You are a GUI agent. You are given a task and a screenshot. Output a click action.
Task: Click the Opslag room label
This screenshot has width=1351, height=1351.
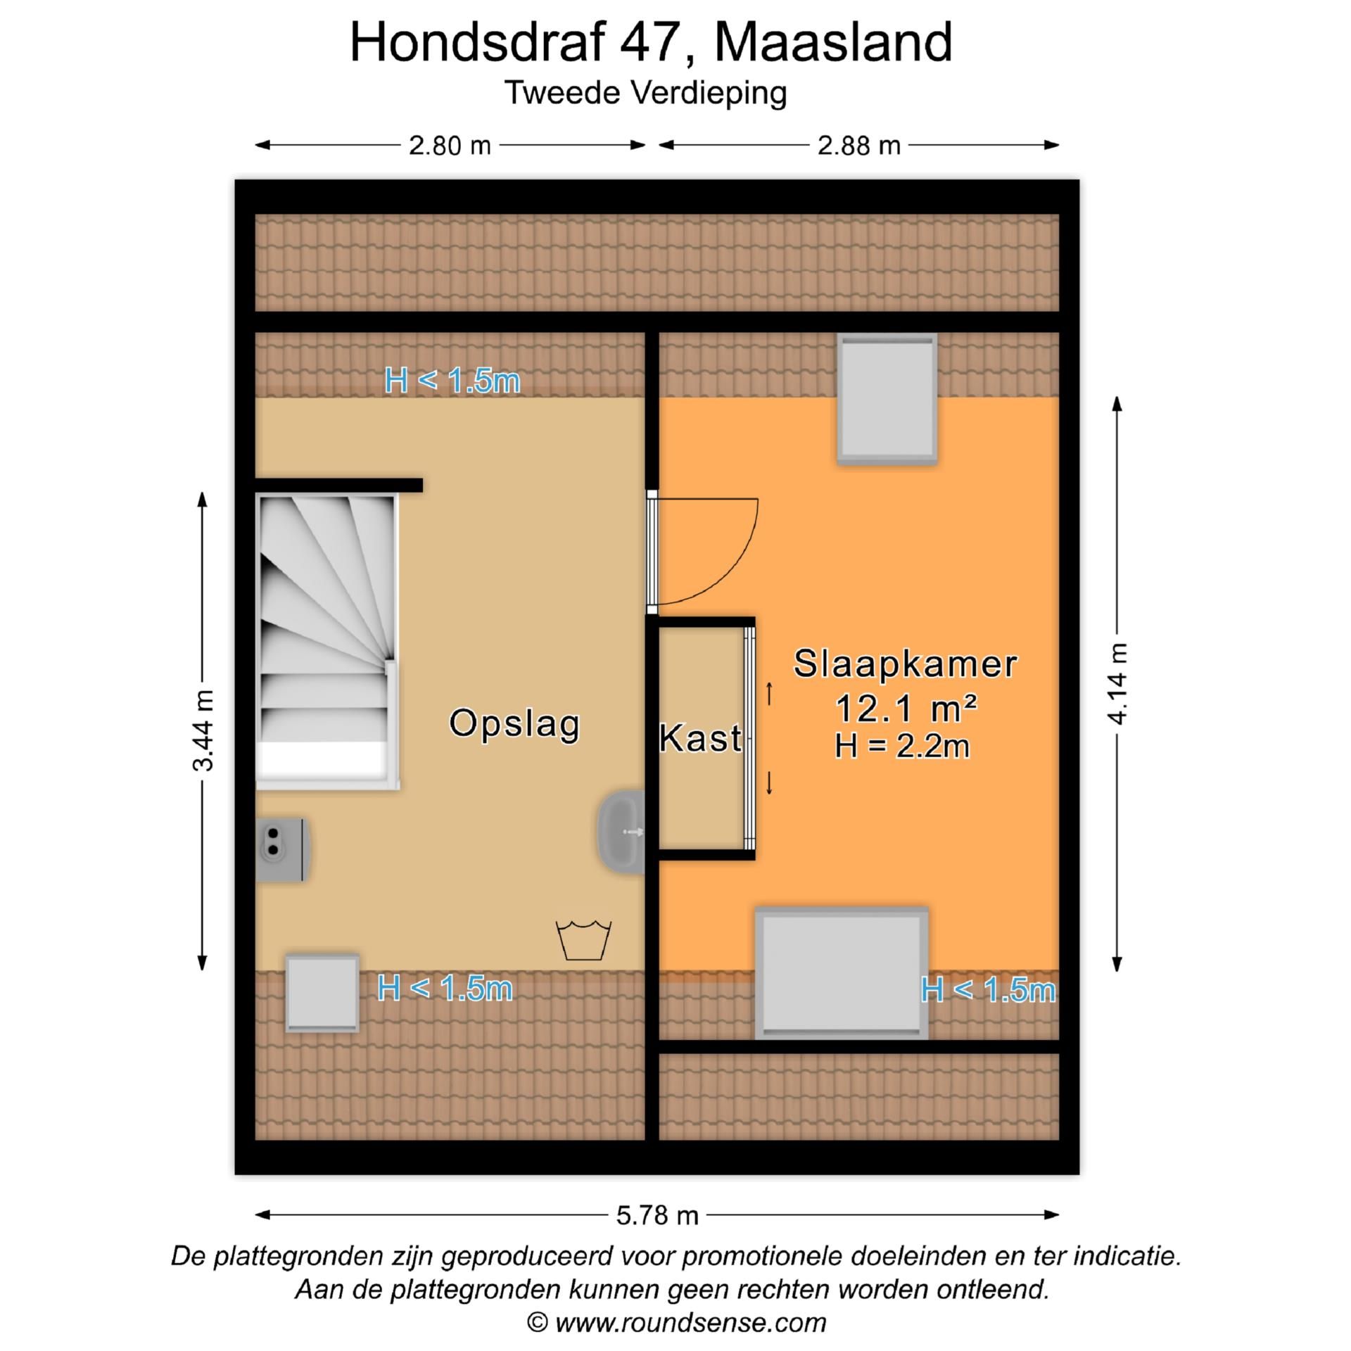pos(514,724)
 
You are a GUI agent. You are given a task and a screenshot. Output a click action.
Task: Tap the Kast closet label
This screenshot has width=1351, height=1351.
pos(700,739)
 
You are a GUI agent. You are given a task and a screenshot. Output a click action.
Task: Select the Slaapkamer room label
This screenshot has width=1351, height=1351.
pos(905,664)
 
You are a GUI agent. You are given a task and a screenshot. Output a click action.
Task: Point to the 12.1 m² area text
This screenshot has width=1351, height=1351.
pos(905,708)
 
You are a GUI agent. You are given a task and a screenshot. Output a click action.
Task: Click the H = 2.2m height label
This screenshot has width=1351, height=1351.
pos(902,747)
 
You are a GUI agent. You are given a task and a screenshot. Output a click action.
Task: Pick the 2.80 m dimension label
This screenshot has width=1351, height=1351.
pos(450,146)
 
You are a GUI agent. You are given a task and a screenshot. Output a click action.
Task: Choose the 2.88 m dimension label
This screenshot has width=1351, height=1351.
pos(858,146)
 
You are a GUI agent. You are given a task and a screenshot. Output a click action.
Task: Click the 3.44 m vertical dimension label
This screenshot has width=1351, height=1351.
pos(203,730)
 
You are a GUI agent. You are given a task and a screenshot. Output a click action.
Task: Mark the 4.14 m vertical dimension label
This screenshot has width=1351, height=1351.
pos(1117,683)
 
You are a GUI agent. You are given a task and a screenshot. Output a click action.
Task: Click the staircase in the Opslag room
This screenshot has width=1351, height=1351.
pos(326,640)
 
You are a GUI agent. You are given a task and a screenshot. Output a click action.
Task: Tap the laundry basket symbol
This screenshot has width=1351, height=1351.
pos(583,940)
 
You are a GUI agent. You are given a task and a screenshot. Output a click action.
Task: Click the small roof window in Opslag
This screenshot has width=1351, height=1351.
pos(322,993)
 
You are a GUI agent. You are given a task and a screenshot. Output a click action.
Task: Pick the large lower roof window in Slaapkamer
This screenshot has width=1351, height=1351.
pos(842,975)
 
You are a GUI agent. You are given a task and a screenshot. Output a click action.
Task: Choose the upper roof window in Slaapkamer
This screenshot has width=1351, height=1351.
pos(887,398)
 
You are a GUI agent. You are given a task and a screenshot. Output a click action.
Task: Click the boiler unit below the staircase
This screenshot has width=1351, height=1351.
pos(281,850)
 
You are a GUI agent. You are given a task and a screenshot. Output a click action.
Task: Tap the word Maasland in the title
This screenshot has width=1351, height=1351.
pos(833,42)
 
